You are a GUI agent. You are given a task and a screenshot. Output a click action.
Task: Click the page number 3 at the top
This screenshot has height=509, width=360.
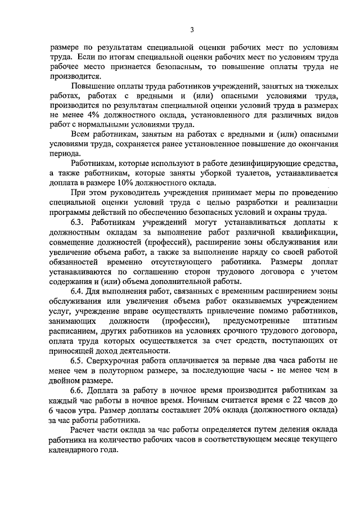tap(192, 30)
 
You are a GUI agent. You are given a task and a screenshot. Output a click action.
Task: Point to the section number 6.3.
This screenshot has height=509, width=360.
tap(78, 222)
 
